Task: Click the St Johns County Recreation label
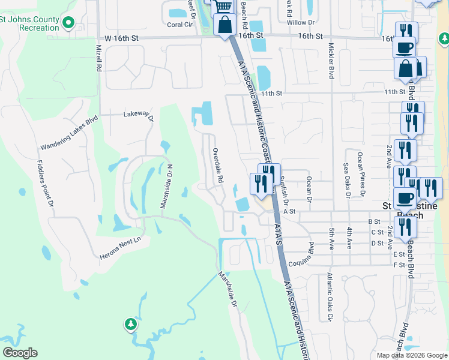tap(30, 23)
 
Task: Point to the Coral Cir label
tap(179, 25)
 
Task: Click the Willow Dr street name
tap(301, 22)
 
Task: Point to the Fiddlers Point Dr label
tap(45, 184)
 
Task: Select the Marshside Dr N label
tap(166, 186)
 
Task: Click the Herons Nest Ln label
tap(120, 249)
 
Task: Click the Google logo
tap(20, 353)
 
